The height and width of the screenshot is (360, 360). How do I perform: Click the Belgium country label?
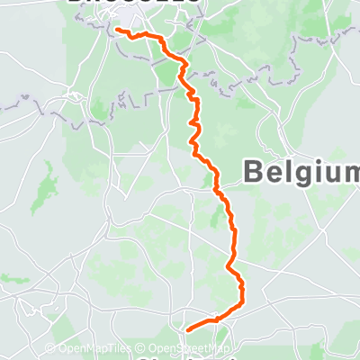[x=301, y=171]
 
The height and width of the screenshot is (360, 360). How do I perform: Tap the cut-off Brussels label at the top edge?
[x=135, y=3]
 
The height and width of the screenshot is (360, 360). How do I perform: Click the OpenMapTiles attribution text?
[x=99, y=349]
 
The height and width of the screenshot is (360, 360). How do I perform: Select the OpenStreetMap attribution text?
[x=191, y=349]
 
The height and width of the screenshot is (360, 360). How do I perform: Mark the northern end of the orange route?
[x=117, y=31]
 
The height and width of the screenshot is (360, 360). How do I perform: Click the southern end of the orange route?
[x=186, y=328]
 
